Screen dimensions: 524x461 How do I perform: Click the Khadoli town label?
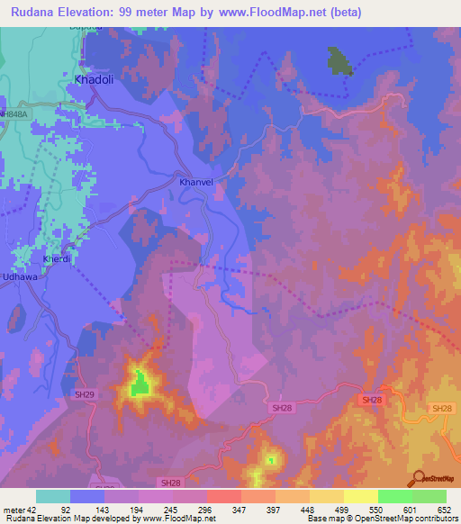tap(93, 79)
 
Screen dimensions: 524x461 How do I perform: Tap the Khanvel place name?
tap(195, 182)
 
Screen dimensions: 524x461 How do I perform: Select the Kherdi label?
tap(56, 259)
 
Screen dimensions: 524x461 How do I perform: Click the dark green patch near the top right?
tap(339, 61)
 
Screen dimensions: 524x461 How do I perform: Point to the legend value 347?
tap(240, 509)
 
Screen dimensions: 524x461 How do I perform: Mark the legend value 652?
tap(444, 509)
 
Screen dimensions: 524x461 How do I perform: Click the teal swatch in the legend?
tap(53, 496)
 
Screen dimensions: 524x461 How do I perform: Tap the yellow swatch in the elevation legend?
tap(360, 496)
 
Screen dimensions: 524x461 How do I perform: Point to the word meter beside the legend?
tap(13, 509)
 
